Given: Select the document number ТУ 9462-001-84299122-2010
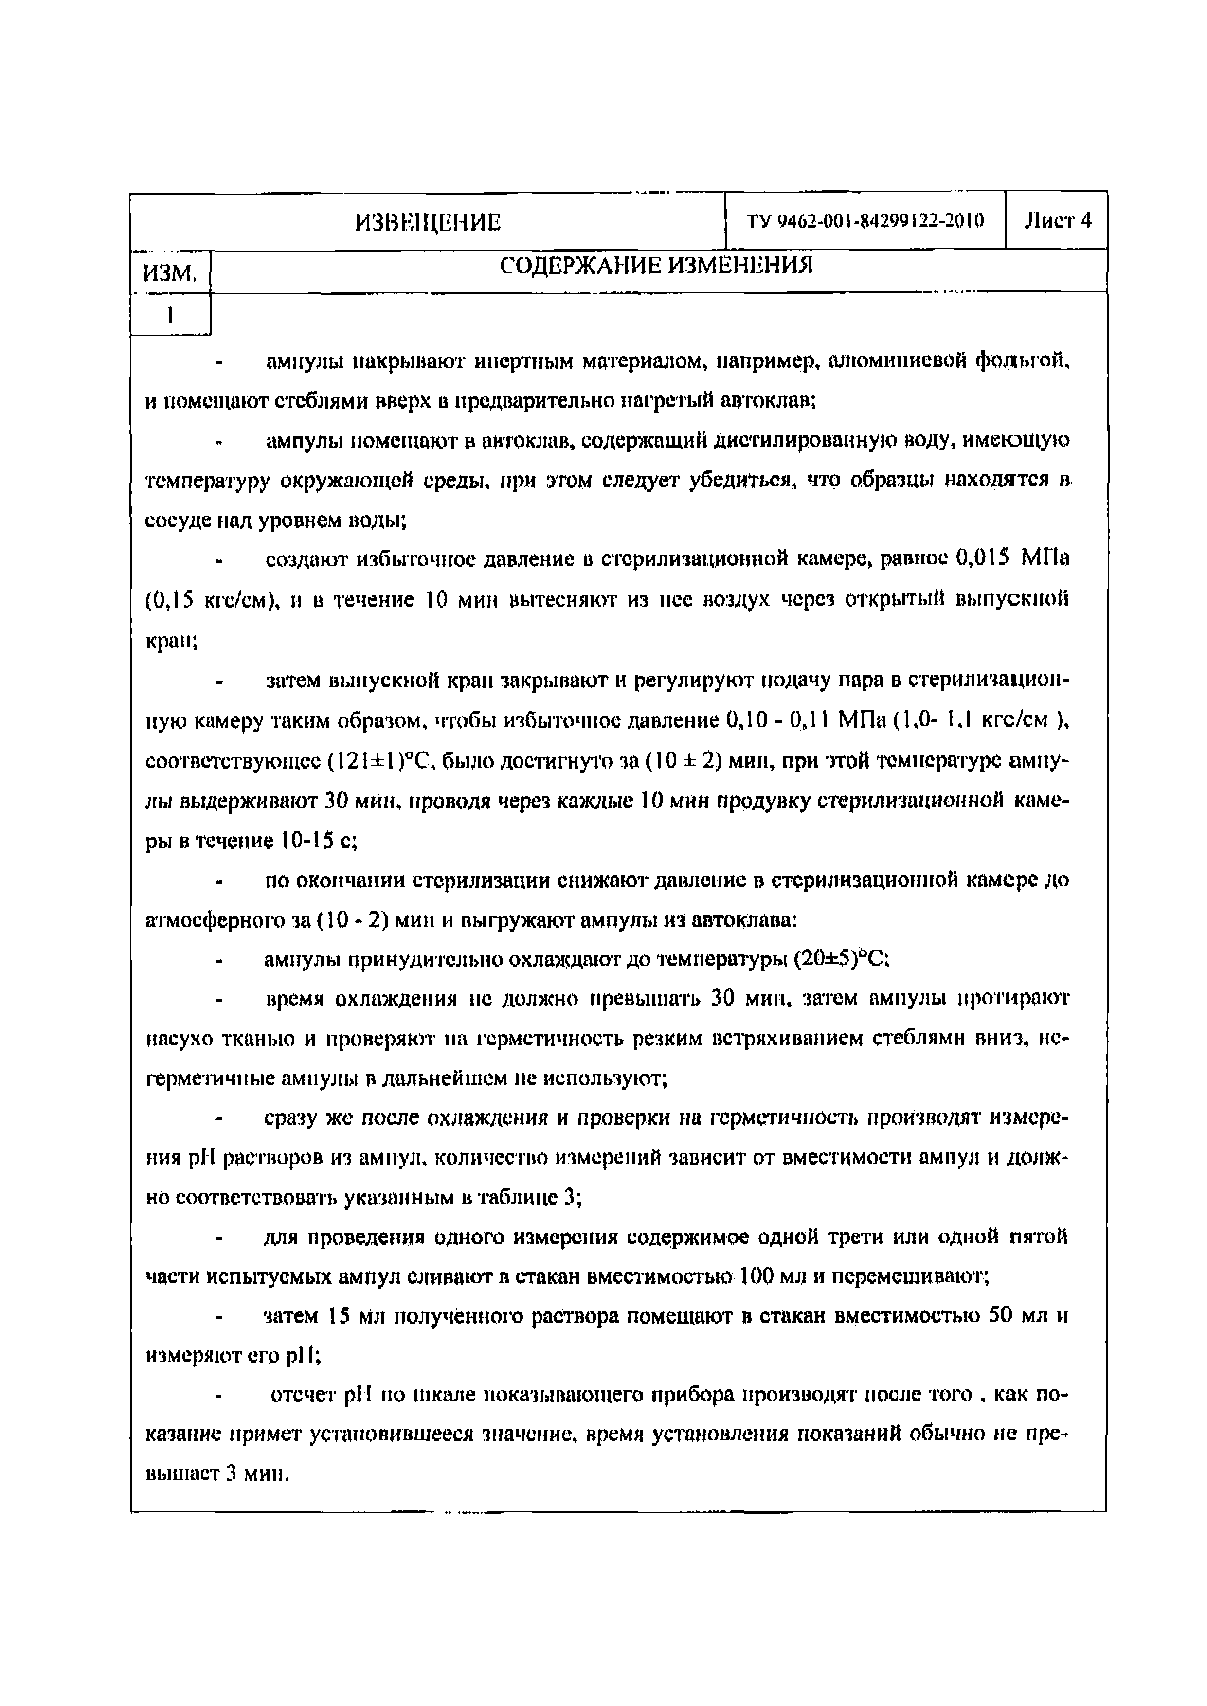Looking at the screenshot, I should coord(865,221).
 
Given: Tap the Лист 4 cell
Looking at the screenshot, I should coord(1057,221).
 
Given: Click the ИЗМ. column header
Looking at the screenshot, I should coord(170,273).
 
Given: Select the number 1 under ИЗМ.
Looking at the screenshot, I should coord(170,316).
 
